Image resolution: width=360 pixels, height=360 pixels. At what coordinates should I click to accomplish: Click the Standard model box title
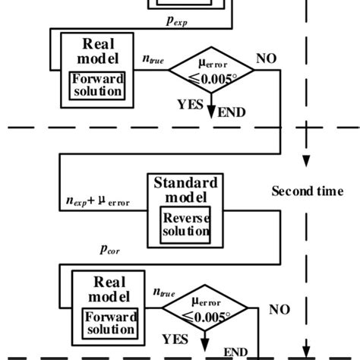185,189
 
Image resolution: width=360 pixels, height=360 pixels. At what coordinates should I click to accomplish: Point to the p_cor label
109,248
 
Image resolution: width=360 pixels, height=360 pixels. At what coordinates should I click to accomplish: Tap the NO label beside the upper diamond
266,58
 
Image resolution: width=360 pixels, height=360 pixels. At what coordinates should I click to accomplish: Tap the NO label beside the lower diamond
279,310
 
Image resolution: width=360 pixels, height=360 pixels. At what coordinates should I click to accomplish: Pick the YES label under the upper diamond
190,106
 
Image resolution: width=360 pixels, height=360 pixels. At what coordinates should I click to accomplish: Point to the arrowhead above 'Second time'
306,162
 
